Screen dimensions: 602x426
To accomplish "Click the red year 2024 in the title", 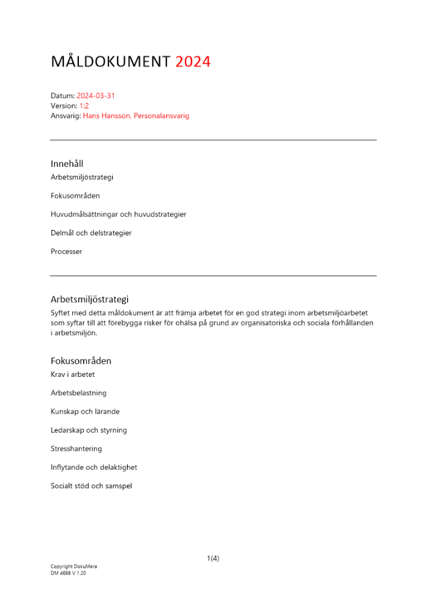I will pyautogui.click(x=193, y=61).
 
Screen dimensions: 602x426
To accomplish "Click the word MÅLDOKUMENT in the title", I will pyautogui.click(x=111, y=61).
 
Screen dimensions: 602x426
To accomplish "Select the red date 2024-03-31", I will pyautogui.click(x=96, y=96).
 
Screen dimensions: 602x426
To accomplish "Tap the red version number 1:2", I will pyautogui.click(x=84, y=105).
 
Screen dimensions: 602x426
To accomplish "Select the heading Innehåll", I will pyautogui.click(x=67, y=164).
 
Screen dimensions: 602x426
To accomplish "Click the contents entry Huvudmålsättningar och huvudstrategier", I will pyautogui.click(x=118, y=214).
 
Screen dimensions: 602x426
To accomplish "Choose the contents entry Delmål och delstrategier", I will pyautogui.click(x=91, y=233).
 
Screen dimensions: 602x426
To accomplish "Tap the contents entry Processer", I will pyautogui.click(x=66, y=252).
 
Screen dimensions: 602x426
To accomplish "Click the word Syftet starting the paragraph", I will pyautogui.click(x=62, y=313).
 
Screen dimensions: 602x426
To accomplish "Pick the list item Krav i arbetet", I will pyautogui.click(x=72, y=374).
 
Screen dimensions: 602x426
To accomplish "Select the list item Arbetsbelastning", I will pyautogui.click(x=78, y=393).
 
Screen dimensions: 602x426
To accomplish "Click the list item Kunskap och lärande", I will pyautogui.click(x=85, y=412).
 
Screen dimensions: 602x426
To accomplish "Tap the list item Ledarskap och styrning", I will pyautogui.click(x=89, y=430).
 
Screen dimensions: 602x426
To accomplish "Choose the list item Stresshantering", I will pyautogui.click(x=76, y=449).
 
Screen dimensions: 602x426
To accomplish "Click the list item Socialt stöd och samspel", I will pyautogui.click(x=91, y=486).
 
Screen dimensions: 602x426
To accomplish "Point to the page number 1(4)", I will pyautogui.click(x=213, y=559).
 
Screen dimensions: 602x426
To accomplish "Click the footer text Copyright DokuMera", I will pyautogui.click(x=74, y=567).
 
